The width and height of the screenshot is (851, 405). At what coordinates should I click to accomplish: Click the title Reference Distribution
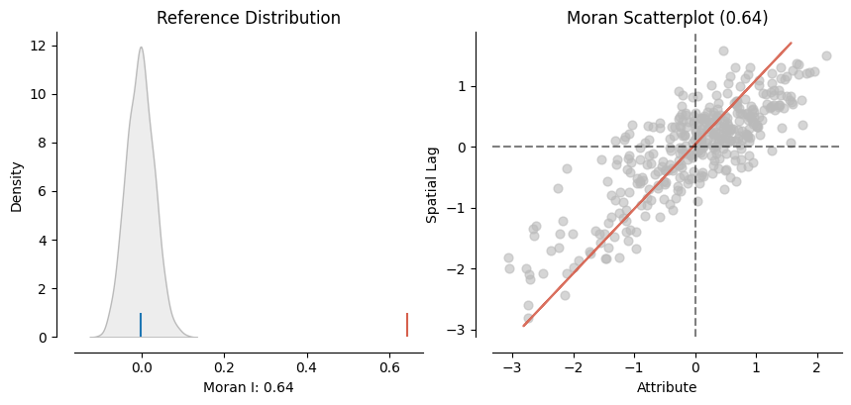pos(249,18)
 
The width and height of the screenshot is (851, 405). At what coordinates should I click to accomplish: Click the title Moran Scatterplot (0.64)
pos(667,18)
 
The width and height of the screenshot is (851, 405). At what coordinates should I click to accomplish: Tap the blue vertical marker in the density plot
pos(141,325)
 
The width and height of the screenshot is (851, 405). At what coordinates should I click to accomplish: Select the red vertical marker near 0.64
pos(406,325)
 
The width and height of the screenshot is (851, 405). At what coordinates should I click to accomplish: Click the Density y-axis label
pos(17,186)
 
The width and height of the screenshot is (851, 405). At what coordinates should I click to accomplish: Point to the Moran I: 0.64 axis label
pos(249,387)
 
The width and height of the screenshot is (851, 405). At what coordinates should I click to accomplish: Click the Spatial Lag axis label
pos(432,186)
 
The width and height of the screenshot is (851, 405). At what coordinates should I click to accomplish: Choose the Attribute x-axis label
pos(667,387)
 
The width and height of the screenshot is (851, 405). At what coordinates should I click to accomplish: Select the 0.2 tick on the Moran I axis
pos(224,368)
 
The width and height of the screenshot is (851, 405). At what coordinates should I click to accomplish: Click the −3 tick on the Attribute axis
pos(509,368)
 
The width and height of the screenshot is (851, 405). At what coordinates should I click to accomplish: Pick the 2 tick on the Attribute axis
pos(816,368)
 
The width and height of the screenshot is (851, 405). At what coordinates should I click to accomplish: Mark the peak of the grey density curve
pos(141,48)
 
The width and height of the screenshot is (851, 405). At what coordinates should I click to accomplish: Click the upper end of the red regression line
pos(791,43)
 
